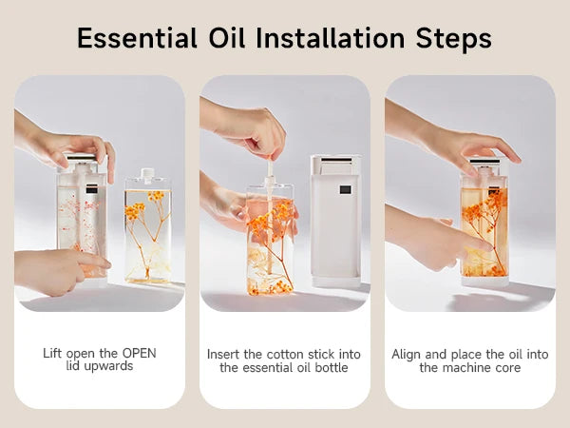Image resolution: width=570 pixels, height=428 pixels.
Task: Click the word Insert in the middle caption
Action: coord(223,354)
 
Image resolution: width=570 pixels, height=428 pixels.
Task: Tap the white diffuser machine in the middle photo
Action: coord(335,219)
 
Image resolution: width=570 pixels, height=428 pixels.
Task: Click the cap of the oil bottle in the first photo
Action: coord(146,178)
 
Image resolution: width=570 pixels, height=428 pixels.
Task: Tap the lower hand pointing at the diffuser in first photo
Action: coord(57,269)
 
